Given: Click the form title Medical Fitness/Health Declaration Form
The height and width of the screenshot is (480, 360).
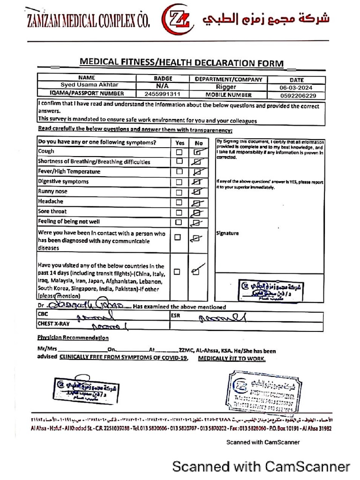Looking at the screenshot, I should point(181,63).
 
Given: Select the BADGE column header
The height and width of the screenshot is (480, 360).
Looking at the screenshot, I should point(163,79).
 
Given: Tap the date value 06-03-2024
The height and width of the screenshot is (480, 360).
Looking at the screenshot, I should point(296,87).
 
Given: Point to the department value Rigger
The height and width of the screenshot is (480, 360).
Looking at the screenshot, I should point(226,87).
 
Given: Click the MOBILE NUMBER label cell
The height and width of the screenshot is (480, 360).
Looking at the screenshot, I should point(226,94).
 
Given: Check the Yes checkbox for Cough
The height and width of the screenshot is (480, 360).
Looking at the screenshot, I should point(179,152).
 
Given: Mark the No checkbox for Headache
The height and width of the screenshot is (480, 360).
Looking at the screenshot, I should point(198,202).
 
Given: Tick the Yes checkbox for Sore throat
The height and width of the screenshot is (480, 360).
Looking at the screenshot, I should point(179,212).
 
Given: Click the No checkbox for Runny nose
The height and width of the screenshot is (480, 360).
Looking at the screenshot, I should point(198,192).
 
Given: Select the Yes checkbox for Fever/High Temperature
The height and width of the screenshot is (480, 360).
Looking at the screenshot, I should point(179,172).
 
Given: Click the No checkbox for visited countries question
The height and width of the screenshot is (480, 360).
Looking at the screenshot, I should point(196,271).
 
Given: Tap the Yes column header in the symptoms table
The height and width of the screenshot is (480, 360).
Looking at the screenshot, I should point(180,142).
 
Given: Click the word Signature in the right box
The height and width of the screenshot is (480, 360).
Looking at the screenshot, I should point(227,233).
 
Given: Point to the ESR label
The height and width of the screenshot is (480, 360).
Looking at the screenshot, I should point(175,315).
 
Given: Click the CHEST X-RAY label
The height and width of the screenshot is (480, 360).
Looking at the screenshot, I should point(52,323).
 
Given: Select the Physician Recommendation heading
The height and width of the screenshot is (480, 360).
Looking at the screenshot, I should point(73,337).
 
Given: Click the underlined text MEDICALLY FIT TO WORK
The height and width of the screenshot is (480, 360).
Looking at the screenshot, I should point(232,358).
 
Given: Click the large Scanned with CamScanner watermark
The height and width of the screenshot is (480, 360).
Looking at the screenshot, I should point(261,466).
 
